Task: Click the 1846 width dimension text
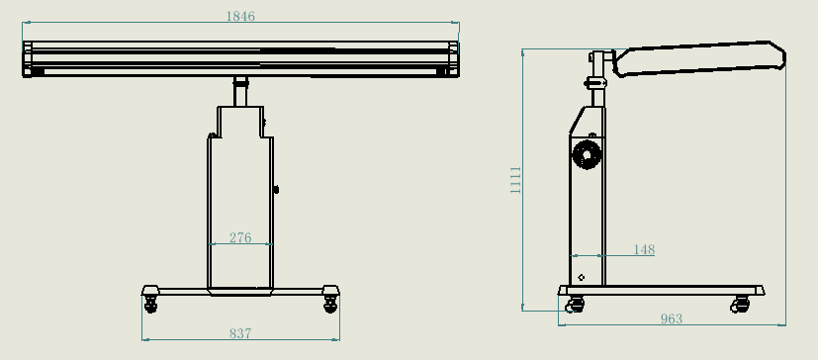240,16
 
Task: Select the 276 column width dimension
239,237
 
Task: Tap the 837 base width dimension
239,334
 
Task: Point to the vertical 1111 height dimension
515,180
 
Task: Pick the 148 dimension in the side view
643,250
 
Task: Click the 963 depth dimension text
671,318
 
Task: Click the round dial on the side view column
587,154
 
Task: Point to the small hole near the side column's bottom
582,276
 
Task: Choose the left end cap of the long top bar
28,58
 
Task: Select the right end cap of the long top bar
454,58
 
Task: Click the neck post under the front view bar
240,92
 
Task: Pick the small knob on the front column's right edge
276,189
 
